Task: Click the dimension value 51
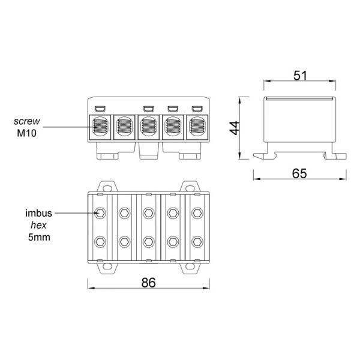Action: click(300, 76)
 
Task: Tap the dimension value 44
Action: click(235, 128)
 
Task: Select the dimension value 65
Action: click(299, 173)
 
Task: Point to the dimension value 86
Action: click(149, 283)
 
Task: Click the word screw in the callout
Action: click(26, 121)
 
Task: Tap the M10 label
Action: click(26, 133)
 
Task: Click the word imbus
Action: click(38, 213)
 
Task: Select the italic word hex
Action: click(38, 225)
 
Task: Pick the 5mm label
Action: click(39, 237)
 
